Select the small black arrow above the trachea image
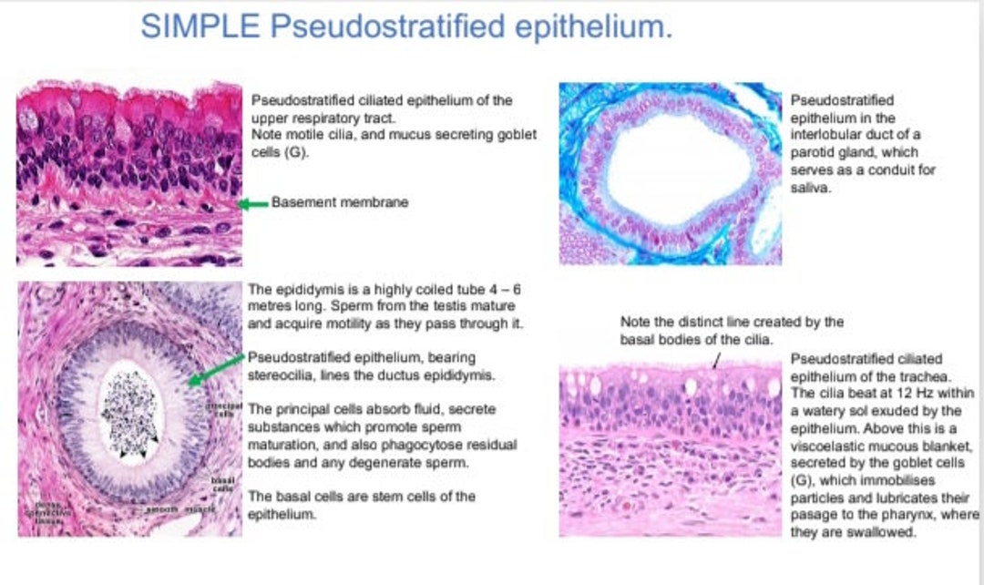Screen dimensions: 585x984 [x=715, y=362]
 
